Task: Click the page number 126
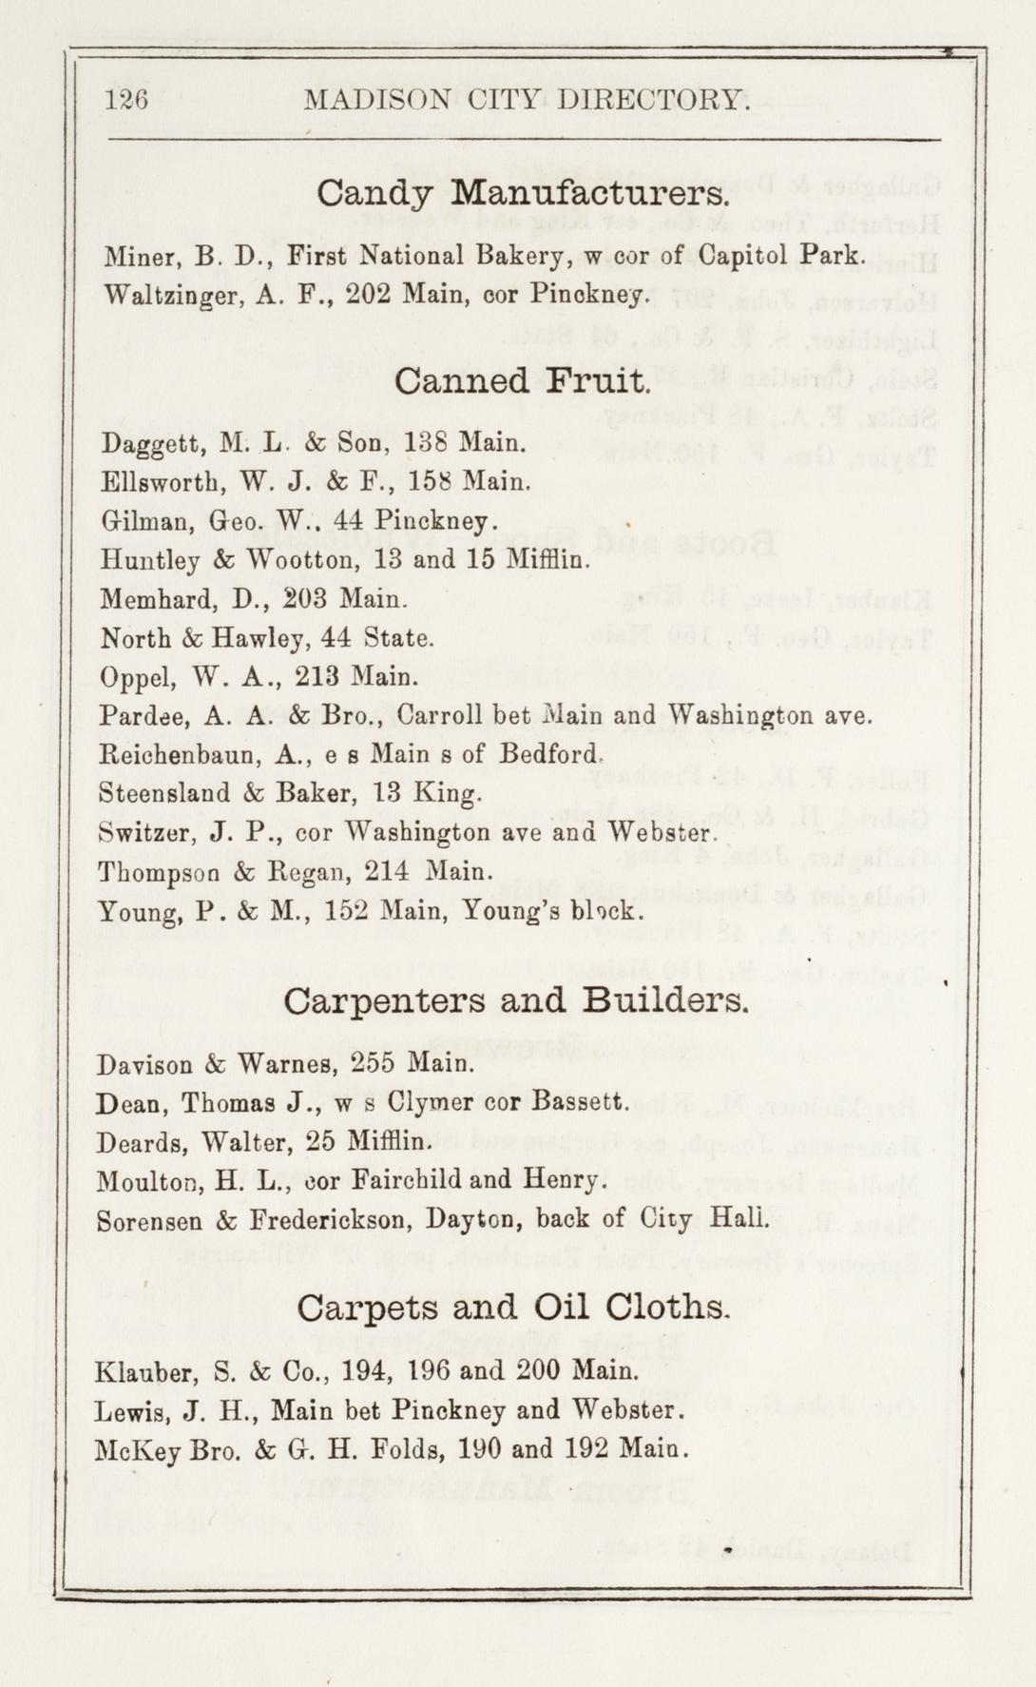[x=127, y=100]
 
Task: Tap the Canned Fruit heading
[x=522, y=381]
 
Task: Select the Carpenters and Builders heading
[x=516, y=1001]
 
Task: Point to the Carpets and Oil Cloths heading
[x=513, y=1308]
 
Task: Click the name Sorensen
[x=148, y=1220]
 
